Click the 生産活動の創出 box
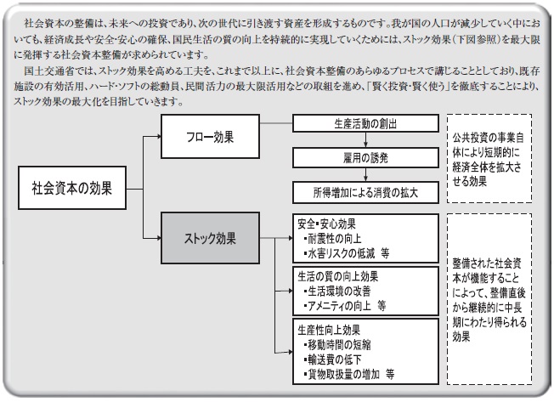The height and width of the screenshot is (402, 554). click(365, 124)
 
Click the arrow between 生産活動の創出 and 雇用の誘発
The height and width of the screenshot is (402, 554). click(365, 139)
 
